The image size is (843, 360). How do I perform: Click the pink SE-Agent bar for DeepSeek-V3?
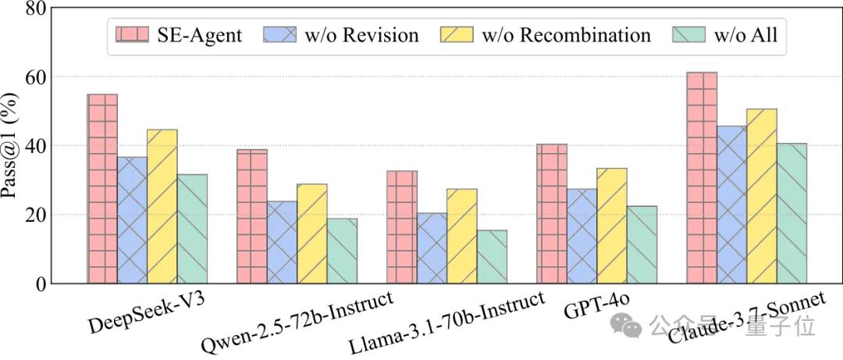(x=102, y=188)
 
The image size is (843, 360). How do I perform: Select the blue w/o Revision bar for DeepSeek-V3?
(x=132, y=219)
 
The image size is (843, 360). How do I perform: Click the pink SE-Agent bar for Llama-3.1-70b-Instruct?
(x=402, y=226)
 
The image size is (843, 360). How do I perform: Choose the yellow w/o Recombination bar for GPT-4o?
(x=612, y=226)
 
